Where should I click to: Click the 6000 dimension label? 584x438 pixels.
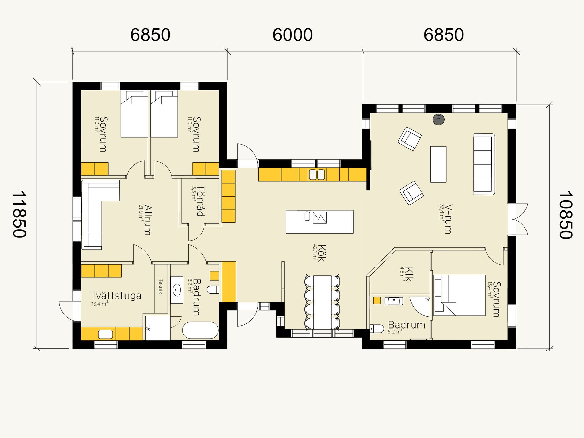[293, 35]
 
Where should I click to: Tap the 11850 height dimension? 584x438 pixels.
[19, 215]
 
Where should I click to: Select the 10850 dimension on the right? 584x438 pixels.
[566, 215]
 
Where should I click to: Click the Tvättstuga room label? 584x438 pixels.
[116, 296]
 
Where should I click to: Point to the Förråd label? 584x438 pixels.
[201, 202]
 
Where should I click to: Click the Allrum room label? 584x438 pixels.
[147, 220]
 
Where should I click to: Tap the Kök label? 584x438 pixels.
[321, 253]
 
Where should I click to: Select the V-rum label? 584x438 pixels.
[448, 219]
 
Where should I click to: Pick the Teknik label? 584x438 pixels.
[161, 287]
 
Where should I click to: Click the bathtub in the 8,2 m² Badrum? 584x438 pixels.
[200, 331]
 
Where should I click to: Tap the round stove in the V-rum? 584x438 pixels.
[438, 119]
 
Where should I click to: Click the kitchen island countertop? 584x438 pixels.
[319, 222]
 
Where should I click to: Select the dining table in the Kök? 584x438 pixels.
[322, 302]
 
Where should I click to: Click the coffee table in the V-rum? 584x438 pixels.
[438, 164]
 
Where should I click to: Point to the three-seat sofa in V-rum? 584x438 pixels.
[484, 164]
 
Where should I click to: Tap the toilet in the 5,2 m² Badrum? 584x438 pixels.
[377, 329]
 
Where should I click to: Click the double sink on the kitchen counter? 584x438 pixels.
[317, 174]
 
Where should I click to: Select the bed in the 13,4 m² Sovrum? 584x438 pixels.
[460, 295]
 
